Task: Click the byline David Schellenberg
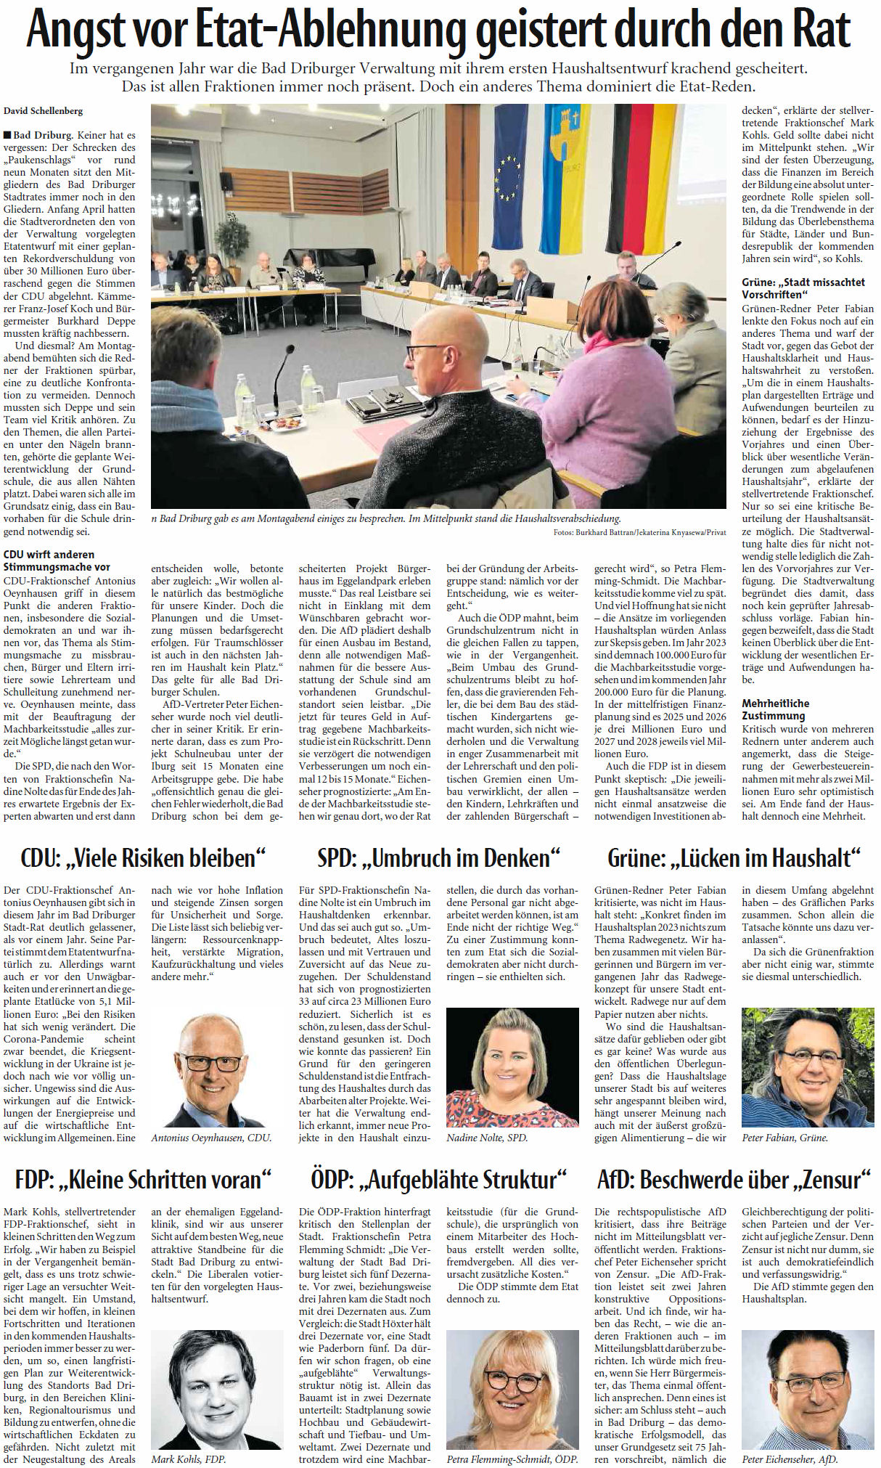[44, 110]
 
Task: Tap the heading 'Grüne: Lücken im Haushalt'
[734, 857]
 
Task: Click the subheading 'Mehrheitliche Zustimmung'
[775, 709]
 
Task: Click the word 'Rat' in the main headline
[822, 30]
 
